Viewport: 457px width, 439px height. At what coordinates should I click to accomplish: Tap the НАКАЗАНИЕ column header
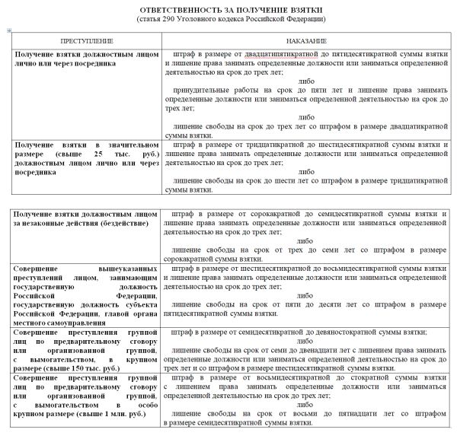307,40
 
